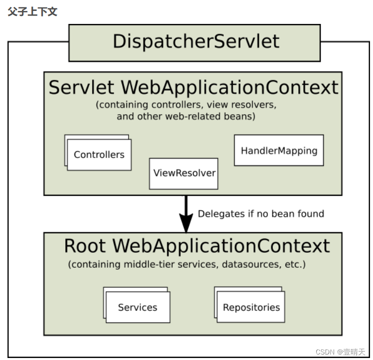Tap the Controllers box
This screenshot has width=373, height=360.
(x=99, y=155)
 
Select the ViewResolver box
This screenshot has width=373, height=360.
(x=184, y=173)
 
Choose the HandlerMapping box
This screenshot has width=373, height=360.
(x=279, y=150)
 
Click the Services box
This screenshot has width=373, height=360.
(x=137, y=307)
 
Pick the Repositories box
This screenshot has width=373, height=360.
(x=251, y=307)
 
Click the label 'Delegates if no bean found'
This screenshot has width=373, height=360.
(x=261, y=214)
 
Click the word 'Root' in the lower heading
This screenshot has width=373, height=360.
(x=85, y=246)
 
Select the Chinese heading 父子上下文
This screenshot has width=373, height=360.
(x=32, y=11)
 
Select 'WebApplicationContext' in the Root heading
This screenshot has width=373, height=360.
(x=221, y=246)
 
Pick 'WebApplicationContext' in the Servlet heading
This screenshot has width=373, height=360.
(x=230, y=88)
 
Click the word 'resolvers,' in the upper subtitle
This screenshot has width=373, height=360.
(x=251, y=105)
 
